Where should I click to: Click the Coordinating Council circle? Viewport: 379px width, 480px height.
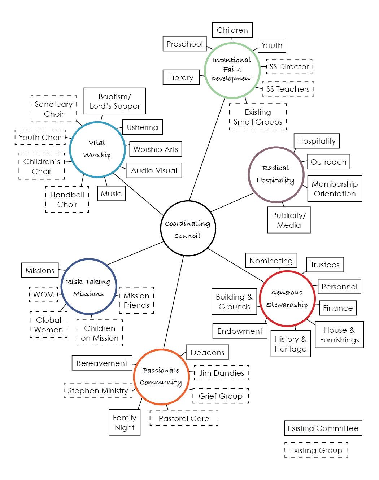click(188, 228)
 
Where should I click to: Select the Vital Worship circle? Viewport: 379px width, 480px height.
click(97, 149)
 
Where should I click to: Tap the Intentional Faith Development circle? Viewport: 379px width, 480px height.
click(232, 70)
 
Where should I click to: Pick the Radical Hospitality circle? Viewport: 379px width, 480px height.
click(276, 175)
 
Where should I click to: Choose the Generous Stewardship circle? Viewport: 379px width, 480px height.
click(287, 299)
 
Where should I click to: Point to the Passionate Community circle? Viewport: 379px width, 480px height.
click(161, 377)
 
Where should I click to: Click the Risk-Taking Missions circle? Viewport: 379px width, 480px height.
click(89, 287)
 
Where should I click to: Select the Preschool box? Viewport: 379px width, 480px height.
click(184, 44)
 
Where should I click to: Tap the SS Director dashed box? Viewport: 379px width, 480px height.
click(289, 67)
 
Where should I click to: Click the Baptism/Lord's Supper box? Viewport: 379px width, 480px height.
click(115, 101)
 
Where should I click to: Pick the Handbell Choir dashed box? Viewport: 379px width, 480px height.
click(67, 200)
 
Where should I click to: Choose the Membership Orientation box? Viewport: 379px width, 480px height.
click(335, 189)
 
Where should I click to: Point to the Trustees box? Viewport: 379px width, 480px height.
click(325, 265)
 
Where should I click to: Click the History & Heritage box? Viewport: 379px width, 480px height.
click(291, 344)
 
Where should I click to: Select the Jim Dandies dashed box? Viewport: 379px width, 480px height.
click(222, 373)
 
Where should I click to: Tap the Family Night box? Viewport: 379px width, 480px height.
click(125, 423)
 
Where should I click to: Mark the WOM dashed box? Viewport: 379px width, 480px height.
click(44, 294)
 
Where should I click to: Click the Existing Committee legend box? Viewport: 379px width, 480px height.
click(323, 428)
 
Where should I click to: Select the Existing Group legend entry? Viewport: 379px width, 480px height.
click(316, 450)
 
